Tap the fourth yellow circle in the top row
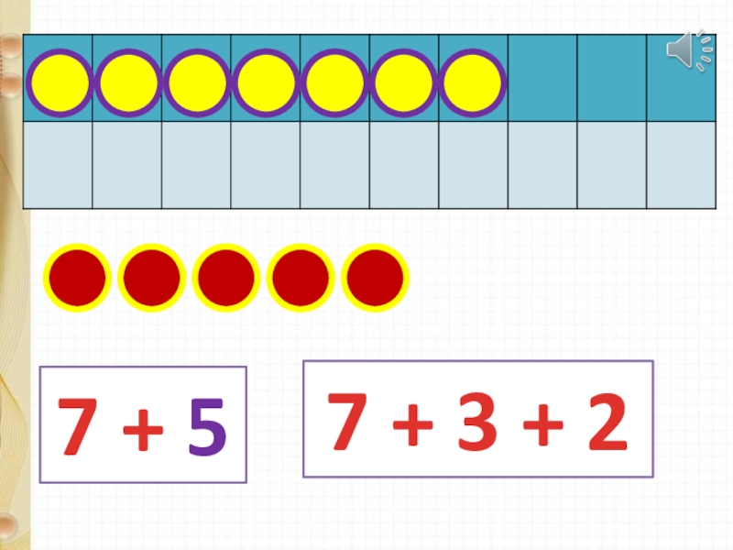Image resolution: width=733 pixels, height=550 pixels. [266, 83]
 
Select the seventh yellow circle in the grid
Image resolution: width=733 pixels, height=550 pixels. [473, 83]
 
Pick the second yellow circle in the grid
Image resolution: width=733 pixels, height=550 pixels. [128, 83]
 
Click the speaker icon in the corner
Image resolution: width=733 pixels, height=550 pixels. [688, 50]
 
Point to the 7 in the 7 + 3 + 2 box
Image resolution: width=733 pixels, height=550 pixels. [347, 421]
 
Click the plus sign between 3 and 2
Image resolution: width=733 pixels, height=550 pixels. [542, 423]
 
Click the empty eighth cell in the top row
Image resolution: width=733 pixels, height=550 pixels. [542, 79]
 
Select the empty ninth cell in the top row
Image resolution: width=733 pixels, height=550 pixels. [611, 79]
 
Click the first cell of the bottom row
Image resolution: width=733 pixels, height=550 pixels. [58, 165]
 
